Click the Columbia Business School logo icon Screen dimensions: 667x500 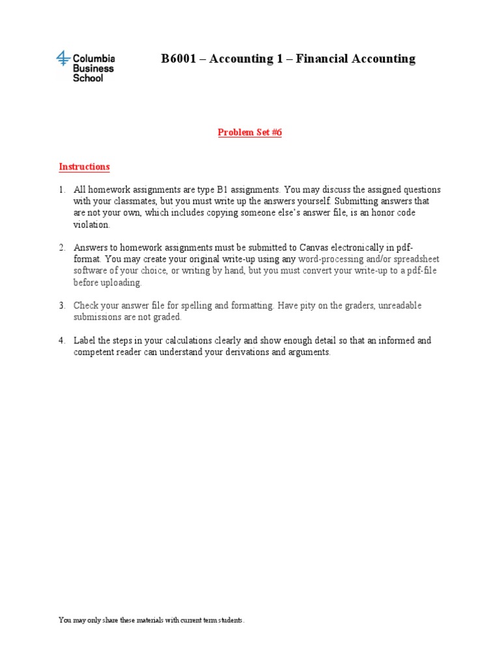(x=63, y=59)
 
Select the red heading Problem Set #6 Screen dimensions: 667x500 (x=249, y=132)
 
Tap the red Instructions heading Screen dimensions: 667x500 (x=84, y=167)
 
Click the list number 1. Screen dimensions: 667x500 (x=62, y=190)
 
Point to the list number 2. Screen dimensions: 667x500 (x=62, y=248)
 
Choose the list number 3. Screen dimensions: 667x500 (x=62, y=305)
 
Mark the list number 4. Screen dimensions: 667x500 (x=62, y=341)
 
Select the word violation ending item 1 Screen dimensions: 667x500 (x=92, y=225)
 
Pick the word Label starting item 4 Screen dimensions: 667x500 (x=85, y=341)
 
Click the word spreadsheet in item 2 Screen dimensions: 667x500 (x=414, y=259)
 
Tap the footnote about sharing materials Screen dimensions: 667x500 (x=152, y=621)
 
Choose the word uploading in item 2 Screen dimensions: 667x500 (x=119, y=283)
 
